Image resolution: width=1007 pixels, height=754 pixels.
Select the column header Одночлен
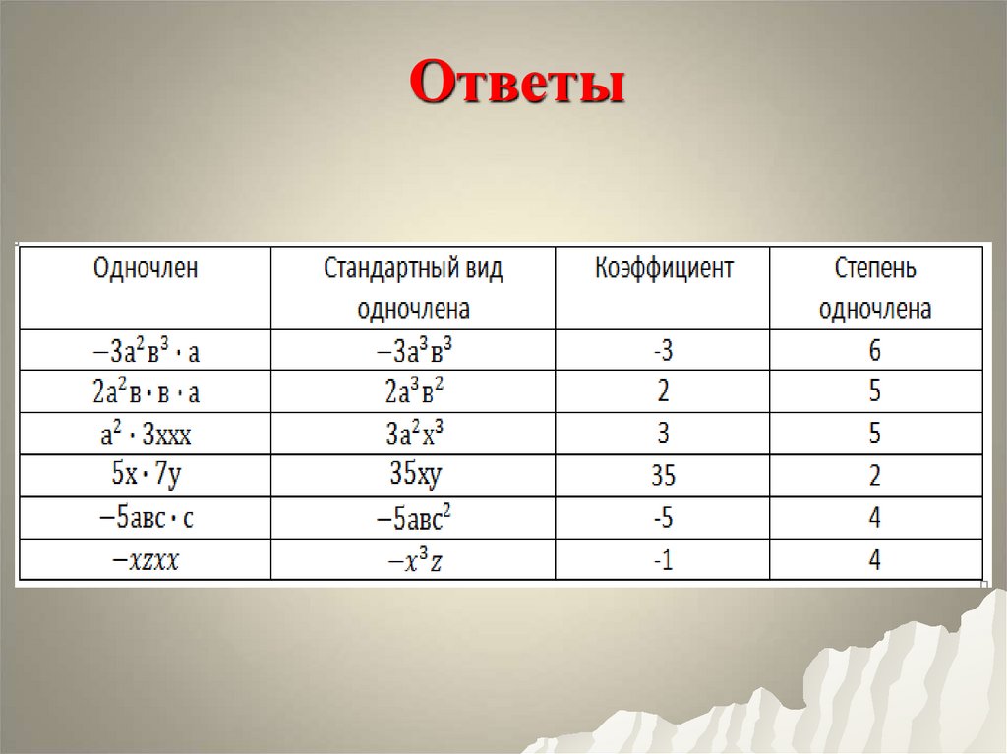[x=146, y=269]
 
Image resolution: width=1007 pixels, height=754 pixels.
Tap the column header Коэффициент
[x=664, y=269]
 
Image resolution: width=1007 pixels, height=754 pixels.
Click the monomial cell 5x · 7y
[x=146, y=476]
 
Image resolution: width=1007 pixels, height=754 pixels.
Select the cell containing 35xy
[x=412, y=476]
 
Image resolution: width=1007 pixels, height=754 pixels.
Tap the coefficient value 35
[x=663, y=477]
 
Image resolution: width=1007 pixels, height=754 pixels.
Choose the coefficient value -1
[x=663, y=560]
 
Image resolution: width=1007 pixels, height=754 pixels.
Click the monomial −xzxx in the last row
[x=146, y=560]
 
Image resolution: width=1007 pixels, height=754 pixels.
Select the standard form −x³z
[x=412, y=560]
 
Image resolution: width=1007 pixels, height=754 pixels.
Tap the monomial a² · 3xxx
[x=146, y=434]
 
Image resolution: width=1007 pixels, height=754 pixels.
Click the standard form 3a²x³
[x=412, y=434]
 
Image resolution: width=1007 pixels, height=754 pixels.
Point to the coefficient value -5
[x=663, y=518]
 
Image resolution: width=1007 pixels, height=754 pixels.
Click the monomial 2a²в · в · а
[x=146, y=392]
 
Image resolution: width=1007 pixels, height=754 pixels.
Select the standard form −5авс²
[x=412, y=518]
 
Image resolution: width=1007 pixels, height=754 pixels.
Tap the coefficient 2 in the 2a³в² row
[x=663, y=392]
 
